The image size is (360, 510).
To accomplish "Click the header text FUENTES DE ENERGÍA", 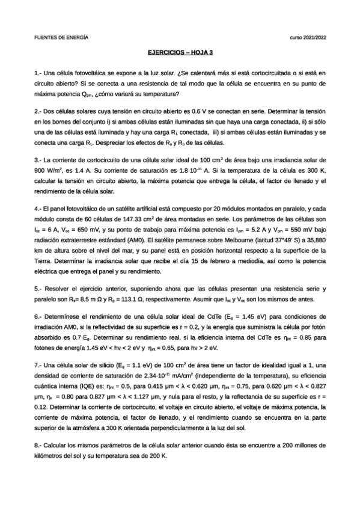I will (61, 37).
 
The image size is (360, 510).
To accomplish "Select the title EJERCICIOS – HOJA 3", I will (180, 53).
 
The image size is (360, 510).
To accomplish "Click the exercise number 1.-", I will (38, 72).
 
